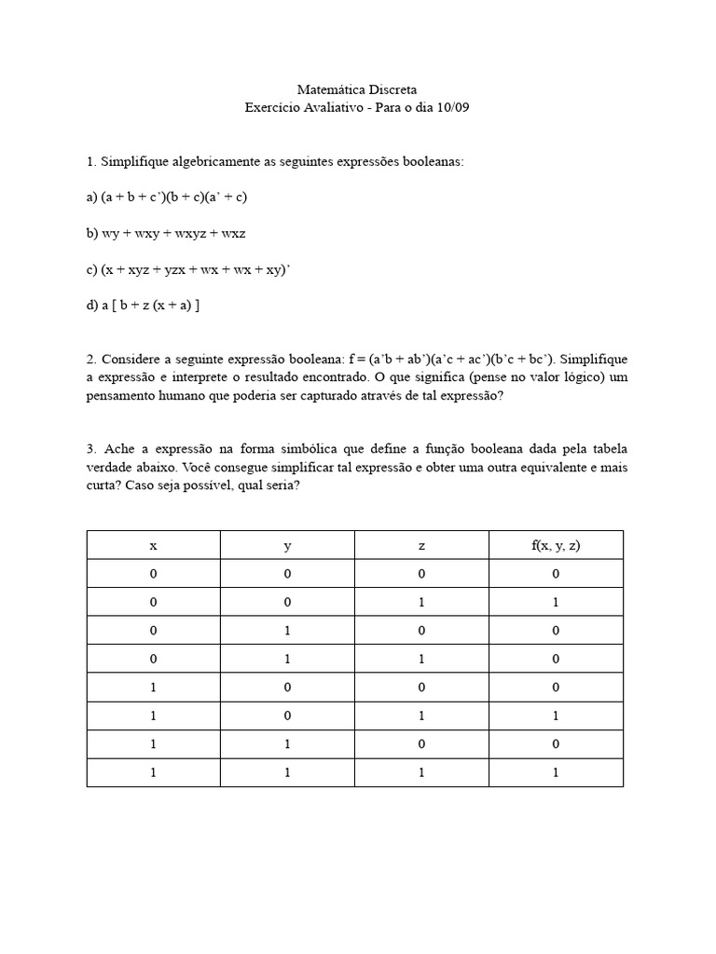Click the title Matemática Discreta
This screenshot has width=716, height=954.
[x=357, y=90]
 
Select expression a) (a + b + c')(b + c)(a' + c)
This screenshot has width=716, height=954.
[x=166, y=198]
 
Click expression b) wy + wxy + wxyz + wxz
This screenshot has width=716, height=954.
[x=165, y=233]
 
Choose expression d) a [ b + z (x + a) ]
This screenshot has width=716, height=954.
[x=143, y=306]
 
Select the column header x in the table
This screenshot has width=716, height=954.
[x=153, y=545]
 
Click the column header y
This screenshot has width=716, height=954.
[x=287, y=545]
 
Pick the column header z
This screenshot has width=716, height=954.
[x=421, y=545]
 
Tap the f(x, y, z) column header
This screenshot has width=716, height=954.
[x=556, y=545]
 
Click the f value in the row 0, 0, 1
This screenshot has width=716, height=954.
[x=556, y=603]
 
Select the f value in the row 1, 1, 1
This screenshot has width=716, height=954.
[x=556, y=773]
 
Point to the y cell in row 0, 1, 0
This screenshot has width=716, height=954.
[x=287, y=631]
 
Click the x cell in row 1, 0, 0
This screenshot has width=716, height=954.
[x=153, y=688]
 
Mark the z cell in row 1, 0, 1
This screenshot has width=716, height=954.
[x=421, y=716]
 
